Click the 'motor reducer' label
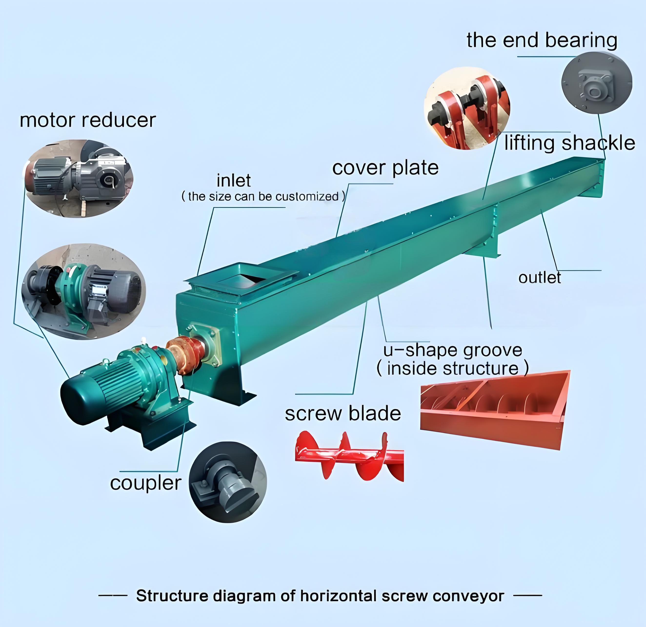88,120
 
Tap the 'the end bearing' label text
542,40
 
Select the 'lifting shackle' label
570,143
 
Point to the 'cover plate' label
385,168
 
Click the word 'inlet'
234,180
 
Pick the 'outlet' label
540,277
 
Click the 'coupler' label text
146,483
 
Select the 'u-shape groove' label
453,350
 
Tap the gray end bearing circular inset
596,84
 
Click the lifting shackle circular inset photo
467,108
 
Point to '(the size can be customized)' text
263,197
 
